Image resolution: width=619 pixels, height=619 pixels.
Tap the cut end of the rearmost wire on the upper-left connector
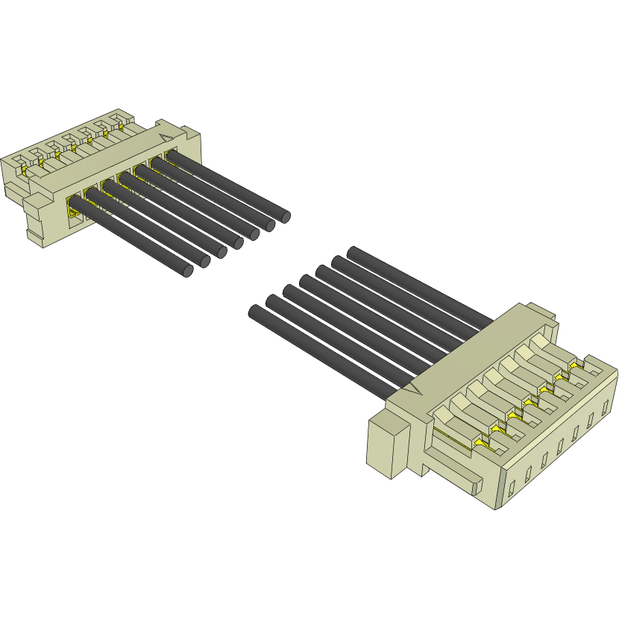point(285,216)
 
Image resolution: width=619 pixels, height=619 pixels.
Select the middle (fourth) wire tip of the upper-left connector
point(239,242)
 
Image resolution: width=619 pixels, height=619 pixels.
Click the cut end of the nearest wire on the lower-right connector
point(255,311)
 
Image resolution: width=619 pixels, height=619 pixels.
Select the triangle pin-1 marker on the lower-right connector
point(413,388)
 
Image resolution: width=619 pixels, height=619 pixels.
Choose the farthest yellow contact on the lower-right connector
point(575,365)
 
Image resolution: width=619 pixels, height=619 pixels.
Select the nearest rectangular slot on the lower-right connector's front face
point(512,490)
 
